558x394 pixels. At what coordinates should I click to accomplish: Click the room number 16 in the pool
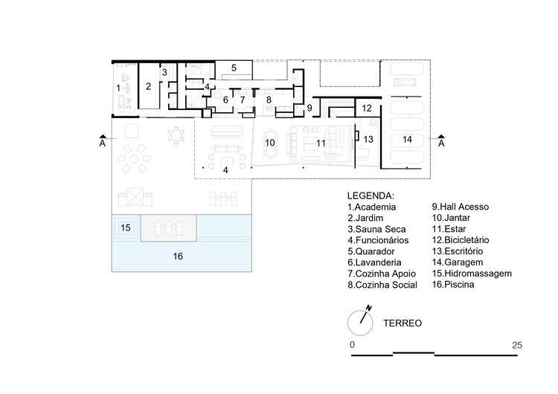point(178,256)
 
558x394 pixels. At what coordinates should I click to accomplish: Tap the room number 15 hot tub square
point(126,227)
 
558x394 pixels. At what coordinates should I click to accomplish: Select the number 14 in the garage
point(407,139)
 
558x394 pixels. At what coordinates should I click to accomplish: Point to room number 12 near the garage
point(367,108)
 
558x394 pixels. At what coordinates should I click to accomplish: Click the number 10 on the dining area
point(270,143)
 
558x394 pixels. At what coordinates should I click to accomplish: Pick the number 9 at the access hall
point(310,107)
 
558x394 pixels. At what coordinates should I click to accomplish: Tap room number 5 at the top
point(234,68)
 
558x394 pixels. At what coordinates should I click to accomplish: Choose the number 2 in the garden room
point(148,86)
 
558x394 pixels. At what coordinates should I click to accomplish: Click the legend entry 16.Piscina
point(453,285)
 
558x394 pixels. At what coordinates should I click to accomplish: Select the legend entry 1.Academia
point(371,207)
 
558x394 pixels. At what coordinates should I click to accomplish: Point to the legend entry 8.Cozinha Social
point(382,285)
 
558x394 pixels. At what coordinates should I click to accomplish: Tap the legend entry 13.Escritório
point(458,251)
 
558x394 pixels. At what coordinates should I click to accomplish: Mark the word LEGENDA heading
point(371,196)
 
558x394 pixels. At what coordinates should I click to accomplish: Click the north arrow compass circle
point(360,323)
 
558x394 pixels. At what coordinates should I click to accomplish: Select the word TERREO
point(403,323)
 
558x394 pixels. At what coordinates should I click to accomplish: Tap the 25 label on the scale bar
point(517,345)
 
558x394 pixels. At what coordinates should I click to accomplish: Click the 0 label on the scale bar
point(353,345)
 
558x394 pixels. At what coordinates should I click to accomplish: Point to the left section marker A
point(103,141)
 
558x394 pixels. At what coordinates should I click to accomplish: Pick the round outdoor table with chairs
point(176,135)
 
